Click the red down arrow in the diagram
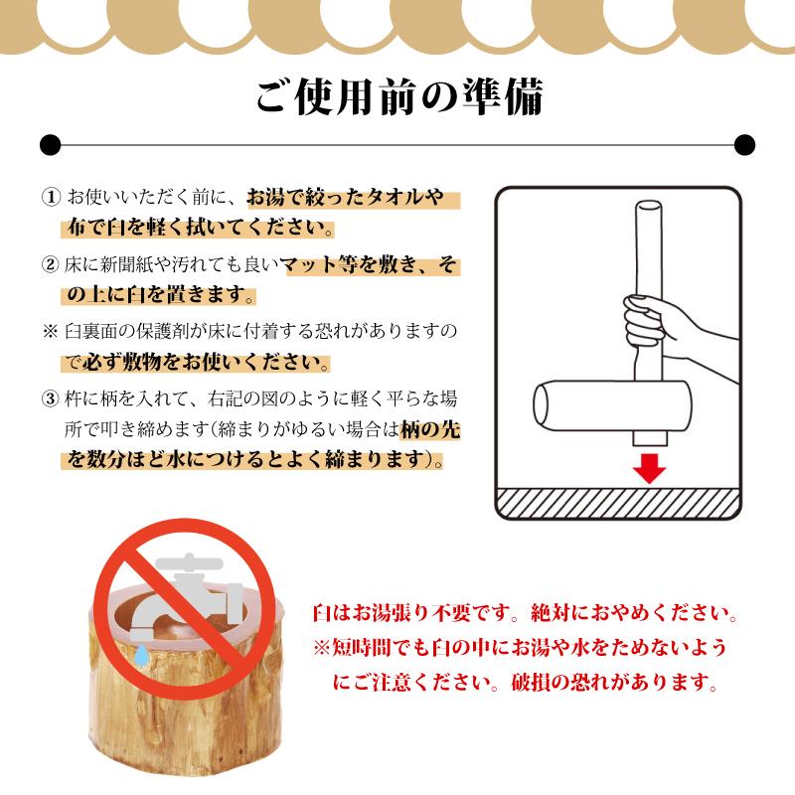650,466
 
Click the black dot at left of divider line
48,145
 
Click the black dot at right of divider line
746,145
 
